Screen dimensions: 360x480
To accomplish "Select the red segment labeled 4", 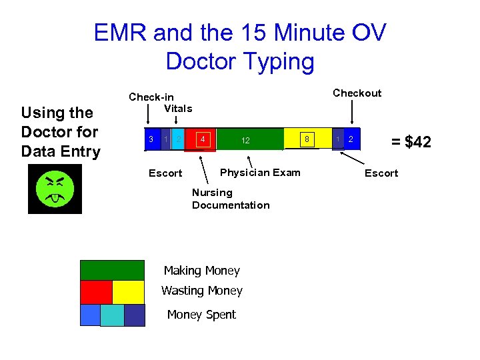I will tap(203, 139).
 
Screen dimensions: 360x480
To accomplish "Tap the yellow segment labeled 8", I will tap(307, 139).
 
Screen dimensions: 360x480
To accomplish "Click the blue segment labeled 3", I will tap(151, 139).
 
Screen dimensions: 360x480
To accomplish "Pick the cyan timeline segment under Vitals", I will tap(179, 139).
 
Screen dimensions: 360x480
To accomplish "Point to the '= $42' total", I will tap(411, 141).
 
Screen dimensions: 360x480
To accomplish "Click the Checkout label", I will tap(357, 93).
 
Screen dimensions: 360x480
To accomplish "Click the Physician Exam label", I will tap(260, 173).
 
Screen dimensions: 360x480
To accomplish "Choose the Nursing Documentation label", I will tap(231, 199).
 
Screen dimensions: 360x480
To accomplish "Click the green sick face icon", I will tap(55, 189).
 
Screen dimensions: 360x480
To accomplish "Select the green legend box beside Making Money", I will tap(112, 270).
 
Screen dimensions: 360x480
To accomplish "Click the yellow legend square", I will tap(128, 292).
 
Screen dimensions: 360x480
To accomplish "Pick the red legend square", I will tap(96, 292).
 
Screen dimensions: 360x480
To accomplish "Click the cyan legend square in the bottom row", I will tap(112, 315).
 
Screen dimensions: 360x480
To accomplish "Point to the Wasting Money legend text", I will tap(202, 291).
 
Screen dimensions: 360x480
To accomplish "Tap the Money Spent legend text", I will tap(201, 315).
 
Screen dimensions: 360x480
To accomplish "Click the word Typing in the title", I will tap(277, 61).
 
